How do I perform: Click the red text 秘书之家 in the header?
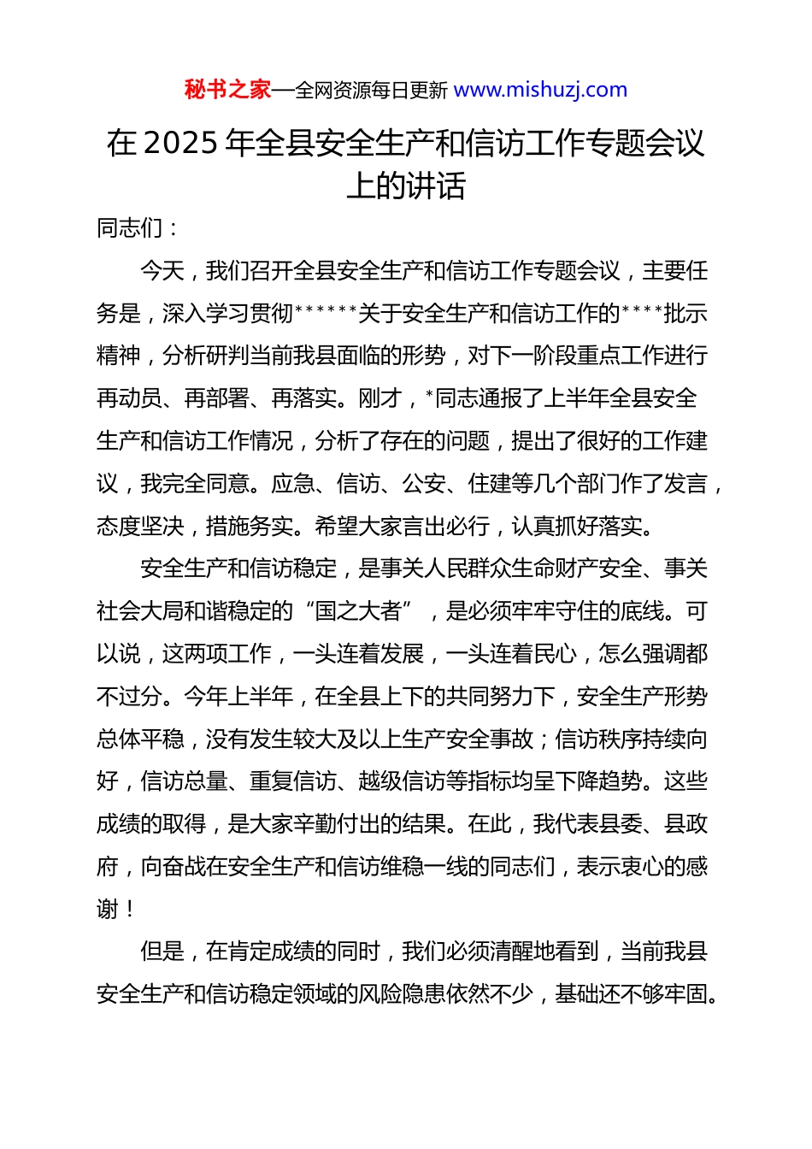point(227,90)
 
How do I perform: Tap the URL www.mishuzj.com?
point(540,90)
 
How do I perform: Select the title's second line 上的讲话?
point(406,186)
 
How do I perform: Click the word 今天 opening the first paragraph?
point(162,271)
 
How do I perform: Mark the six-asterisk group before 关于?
point(326,312)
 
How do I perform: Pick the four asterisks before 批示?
point(642,312)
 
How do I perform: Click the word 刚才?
point(380,398)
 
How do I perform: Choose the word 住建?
point(490,484)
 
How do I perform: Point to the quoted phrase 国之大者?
point(358,611)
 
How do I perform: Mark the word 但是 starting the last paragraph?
point(162,952)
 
